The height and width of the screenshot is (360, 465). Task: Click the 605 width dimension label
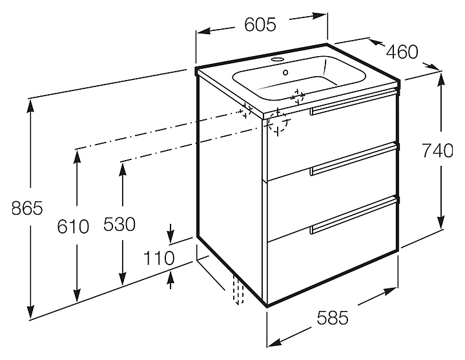click(x=261, y=25)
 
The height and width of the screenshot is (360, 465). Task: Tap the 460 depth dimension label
click(x=402, y=51)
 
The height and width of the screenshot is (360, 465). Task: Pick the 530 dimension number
click(x=119, y=225)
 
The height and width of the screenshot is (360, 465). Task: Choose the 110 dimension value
click(x=160, y=257)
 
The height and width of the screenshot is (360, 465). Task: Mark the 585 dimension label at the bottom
click(x=333, y=317)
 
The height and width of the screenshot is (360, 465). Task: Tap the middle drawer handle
click(x=353, y=161)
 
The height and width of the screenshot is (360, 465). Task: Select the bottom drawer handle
click(x=353, y=215)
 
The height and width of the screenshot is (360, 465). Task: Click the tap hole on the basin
click(x=280, y=62)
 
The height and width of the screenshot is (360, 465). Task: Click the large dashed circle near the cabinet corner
click(x=278, y=121)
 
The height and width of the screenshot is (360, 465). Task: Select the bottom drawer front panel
click(x=333, y=265)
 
